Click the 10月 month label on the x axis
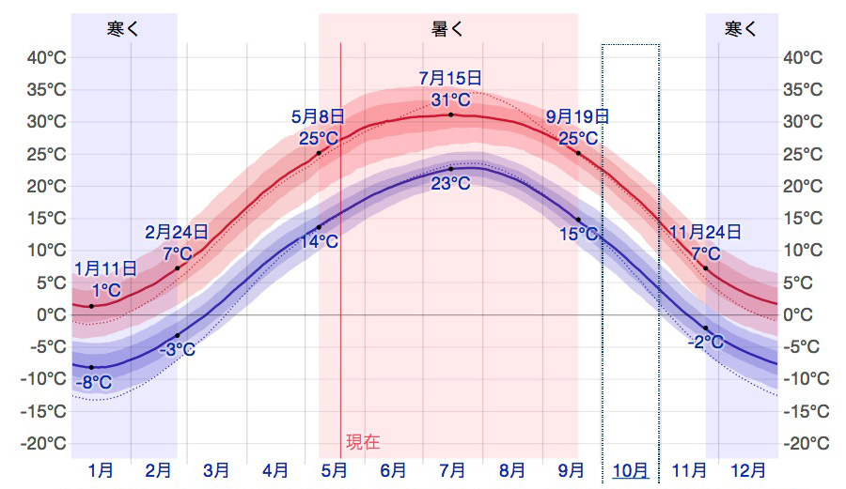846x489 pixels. (x=631, y=470)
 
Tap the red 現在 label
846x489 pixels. (x=363, y=442)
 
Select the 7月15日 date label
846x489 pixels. (x=450, y=77)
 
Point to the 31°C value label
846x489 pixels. (x=450, y=99)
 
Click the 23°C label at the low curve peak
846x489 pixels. (x=450, y=184)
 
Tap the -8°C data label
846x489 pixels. (x=93, y=382)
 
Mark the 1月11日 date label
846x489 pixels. (x=105, y=269)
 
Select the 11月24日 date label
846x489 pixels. (x=705, y=232)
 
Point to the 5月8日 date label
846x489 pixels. (x=318, y=116)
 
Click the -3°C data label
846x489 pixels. (x=177, y=350)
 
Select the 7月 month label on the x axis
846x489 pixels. (x=453, y=470)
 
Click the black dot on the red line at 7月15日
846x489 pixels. (x=450, y=115)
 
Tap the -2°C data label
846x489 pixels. (x=705, y=343)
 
